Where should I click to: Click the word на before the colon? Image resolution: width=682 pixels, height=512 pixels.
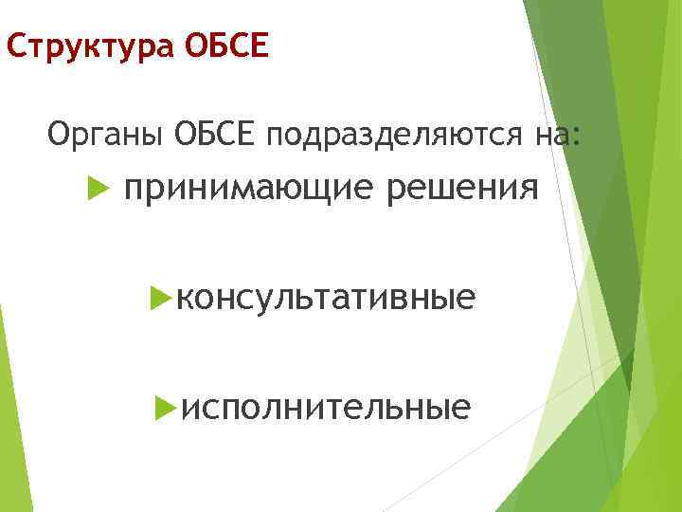[551, 137]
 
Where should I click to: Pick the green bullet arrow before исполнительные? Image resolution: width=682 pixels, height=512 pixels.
[166, 408]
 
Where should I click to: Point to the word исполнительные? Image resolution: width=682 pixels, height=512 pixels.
[326, 408]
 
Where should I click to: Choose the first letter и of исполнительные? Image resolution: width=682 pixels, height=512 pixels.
[188, 409]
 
